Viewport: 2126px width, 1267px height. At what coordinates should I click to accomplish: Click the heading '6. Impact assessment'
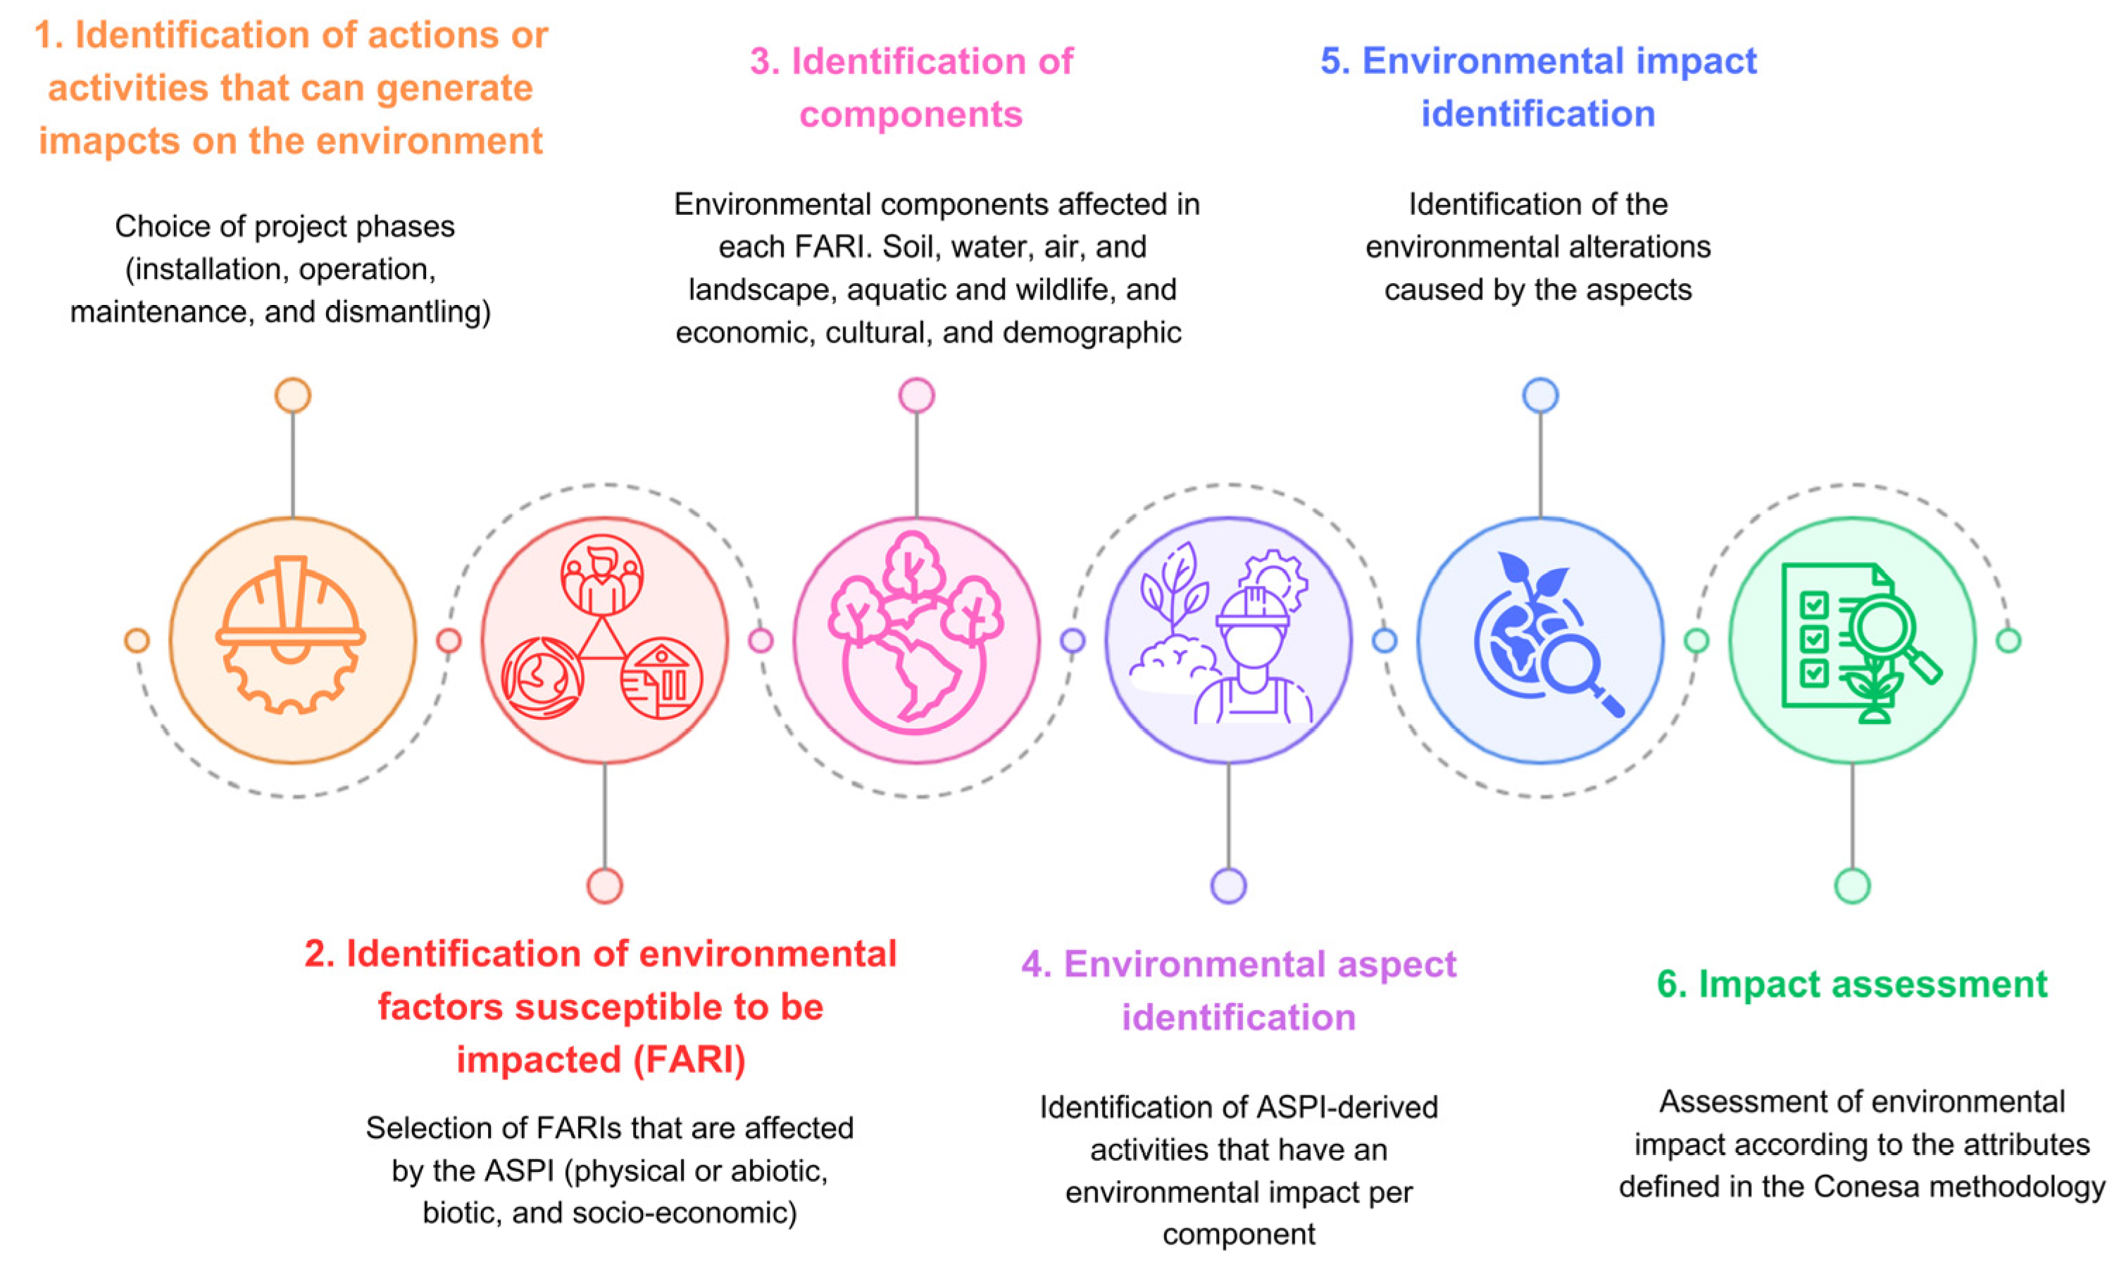(1851, 985)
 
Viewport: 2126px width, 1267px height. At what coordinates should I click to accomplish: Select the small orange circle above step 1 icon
(293, 395)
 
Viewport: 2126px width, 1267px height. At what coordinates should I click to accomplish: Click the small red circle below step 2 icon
(604, 885)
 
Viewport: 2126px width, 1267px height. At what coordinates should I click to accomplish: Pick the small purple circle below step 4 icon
(1228, 885)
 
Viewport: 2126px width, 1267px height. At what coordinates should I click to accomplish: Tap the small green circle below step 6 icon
(1852, 885)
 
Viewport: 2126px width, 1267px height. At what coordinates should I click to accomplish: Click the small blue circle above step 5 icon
(1541, 395)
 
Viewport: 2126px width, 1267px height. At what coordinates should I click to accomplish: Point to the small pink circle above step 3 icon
(917, 395)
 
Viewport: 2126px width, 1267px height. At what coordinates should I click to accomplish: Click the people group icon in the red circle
(601, 575)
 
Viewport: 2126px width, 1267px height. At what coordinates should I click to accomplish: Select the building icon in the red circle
(661, 678)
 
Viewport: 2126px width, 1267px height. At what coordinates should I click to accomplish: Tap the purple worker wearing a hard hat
(1252, 657)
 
